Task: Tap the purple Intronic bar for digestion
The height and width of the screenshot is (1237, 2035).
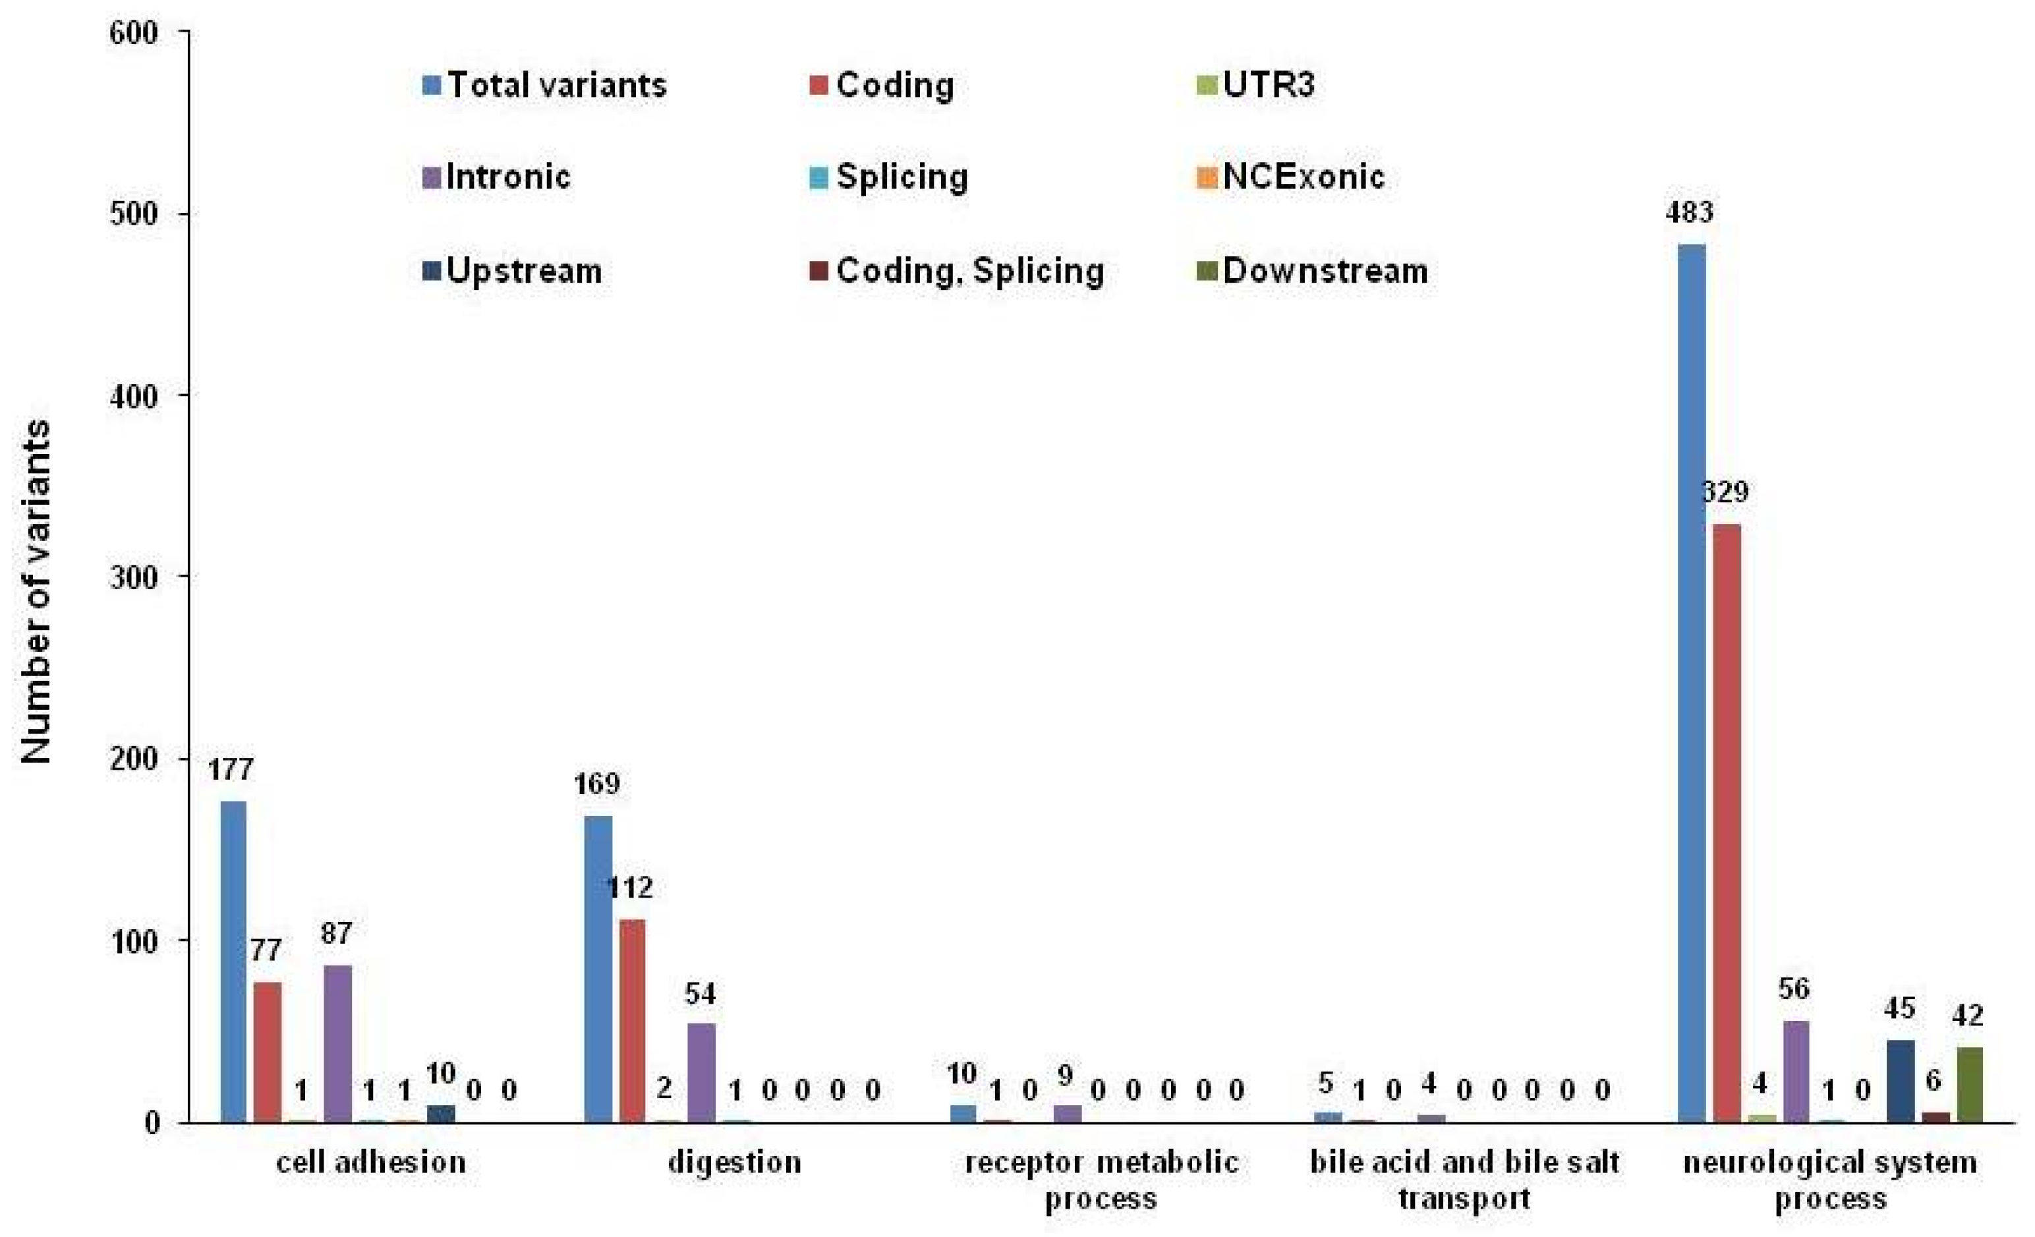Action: [701, 1073]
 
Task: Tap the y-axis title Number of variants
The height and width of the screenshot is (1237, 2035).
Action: [35, 592]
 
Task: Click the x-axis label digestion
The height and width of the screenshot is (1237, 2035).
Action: [734, 1162]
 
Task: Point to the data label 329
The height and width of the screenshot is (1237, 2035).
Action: [1726, 493]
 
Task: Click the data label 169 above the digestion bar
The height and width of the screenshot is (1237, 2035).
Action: [597, 783]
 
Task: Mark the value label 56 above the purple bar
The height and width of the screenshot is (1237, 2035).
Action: [1794, 989]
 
